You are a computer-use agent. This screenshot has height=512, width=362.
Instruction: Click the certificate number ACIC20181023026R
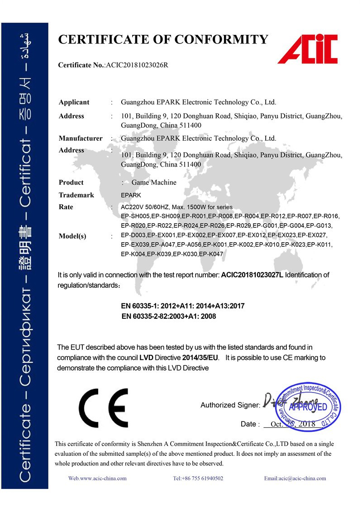point(137,65)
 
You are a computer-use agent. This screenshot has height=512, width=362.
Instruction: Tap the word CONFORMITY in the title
point(221,39)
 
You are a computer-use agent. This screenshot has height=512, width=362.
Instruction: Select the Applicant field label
point(74,102)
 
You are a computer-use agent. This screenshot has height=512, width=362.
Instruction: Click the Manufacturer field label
point(80,138)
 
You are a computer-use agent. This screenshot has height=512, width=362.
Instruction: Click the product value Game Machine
point(154,182)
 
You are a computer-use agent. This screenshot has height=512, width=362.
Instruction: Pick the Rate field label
point(66,207)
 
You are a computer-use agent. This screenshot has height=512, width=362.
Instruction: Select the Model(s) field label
point(72,236)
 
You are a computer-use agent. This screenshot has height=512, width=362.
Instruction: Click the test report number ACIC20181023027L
point(252,275)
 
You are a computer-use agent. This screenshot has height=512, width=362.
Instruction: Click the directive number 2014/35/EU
point(200,358)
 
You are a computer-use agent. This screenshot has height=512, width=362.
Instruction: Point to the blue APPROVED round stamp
point(308,407)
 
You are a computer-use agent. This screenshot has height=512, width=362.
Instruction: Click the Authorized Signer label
point(230,405)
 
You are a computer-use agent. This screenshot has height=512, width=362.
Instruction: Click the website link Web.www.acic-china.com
point(97,478)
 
